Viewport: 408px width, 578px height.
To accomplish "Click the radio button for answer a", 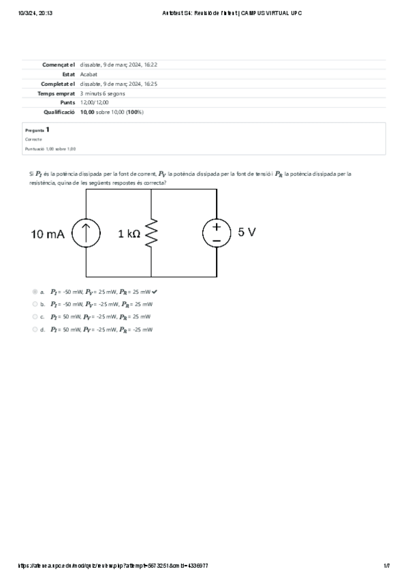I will pos(35,292).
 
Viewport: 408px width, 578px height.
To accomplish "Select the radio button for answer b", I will pos(35,304).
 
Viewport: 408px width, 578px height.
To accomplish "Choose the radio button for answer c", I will pos(35,317).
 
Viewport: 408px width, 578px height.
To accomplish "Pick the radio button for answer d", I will pos(35,329).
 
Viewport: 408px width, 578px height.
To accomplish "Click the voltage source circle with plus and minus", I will pos(217,233).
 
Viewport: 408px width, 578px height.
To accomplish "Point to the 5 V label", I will pos(247,232).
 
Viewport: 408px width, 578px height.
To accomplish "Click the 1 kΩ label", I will pos(129,234).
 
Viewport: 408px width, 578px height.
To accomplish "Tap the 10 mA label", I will pos(48,234).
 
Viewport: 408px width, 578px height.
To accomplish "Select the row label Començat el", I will pos(59,64).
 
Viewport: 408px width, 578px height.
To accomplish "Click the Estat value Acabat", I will pos(89,74).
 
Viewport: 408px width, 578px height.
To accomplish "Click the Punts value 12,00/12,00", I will pos(94,102).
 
